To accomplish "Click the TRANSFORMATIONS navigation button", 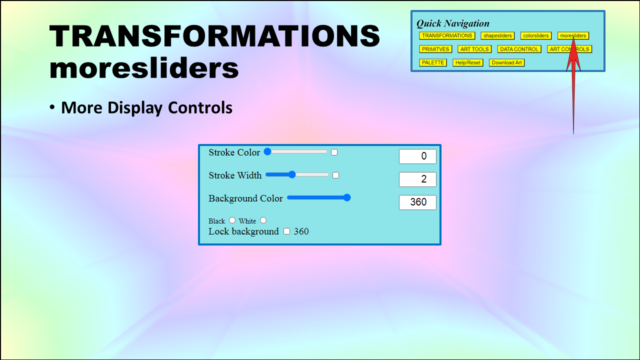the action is click(x=447, y=35).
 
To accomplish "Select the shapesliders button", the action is click(x=497, y=35).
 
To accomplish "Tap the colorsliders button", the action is click(x=535, y=35).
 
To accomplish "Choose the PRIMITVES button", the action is click(x=435, y=49).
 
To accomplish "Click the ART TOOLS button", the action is click(x=474, y=49).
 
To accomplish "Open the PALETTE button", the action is click(x=433, y=62).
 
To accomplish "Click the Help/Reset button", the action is click(x=467, y=62).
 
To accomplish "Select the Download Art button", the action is click(x=506, y=62).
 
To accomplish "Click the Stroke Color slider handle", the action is click(x=267, y=151).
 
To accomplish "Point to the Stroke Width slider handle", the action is click(x=291, y=174).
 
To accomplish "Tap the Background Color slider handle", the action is click(x=347, y=197).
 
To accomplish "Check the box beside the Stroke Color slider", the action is click(x=334, y=152).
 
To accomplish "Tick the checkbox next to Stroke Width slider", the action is click(x=335, y=175).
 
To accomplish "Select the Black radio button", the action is click(x=232, y=220).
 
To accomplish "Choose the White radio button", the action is click(x=263, y=220).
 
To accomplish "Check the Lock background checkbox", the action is click(x=286, y=231).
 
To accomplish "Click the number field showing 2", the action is click(x=417, y=179).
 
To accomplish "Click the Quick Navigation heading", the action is click(x=452, y=23).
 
